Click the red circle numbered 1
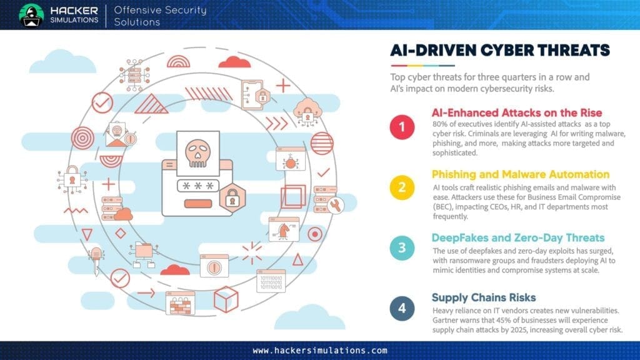(x=402, y=127)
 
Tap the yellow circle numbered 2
(x=402, y=187)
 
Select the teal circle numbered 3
(x=402, y=247)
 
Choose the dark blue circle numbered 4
(x=402, y=308)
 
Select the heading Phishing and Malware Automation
(x=521, y=174)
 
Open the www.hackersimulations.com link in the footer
(x=319, y=351)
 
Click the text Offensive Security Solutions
(x=160, y=16)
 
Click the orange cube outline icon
(x=226, y=299)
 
